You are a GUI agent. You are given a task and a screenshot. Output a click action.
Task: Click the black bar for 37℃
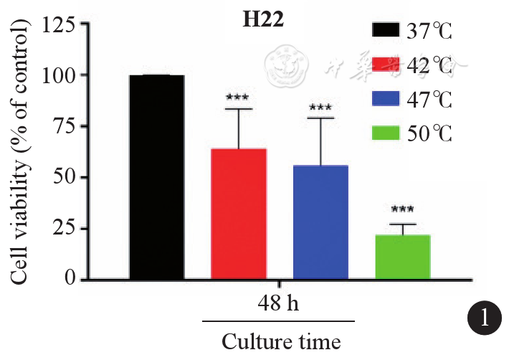click(157, 176)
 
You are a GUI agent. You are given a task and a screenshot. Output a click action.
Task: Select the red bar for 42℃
click(239, 213)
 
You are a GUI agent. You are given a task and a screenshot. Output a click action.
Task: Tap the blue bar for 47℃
click(321, 222)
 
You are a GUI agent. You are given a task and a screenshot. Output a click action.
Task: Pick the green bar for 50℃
click(403, 256)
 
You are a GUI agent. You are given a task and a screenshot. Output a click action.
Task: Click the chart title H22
click(262, 20)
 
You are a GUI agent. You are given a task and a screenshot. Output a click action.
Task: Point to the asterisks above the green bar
click(402, 210)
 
